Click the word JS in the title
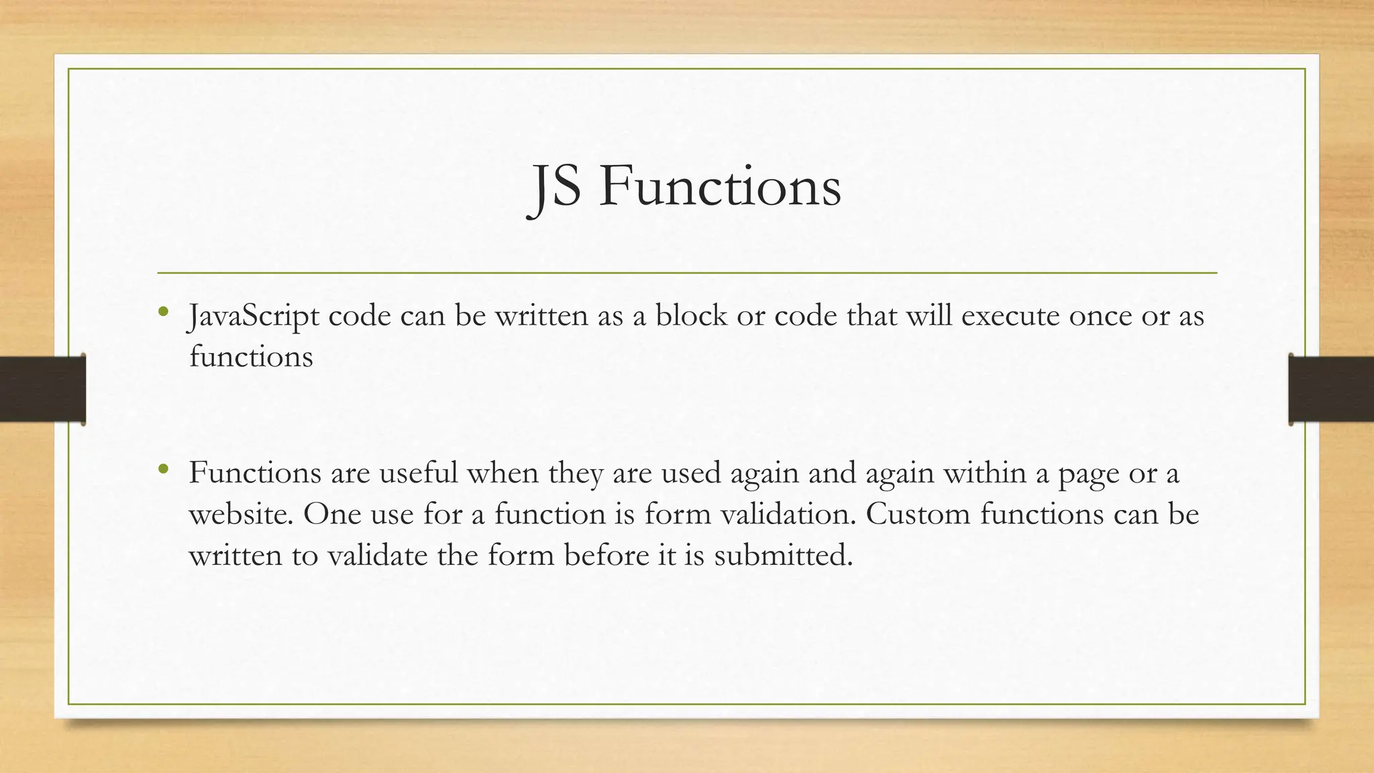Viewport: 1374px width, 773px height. (x=555, y=187)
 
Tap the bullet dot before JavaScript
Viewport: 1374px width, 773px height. (x=162, y=311)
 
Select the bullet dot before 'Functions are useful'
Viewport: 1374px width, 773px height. (x=162, y=468)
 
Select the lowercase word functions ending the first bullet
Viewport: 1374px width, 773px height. (x=251, y=356)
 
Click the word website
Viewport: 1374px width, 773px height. (x=241, y=514)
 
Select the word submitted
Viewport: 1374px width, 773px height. (x=783, y=556)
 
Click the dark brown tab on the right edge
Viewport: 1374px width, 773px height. (x=1331, y=389)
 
